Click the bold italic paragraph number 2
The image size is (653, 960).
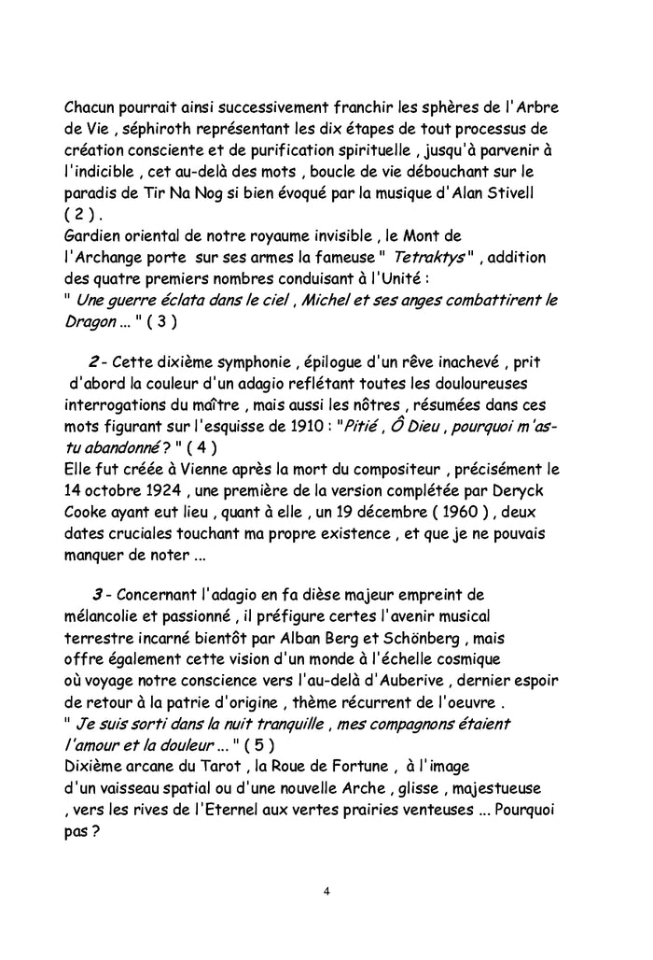pos(94,362)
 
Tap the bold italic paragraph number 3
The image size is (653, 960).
pos(96,596)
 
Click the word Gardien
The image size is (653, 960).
pos(95,235)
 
